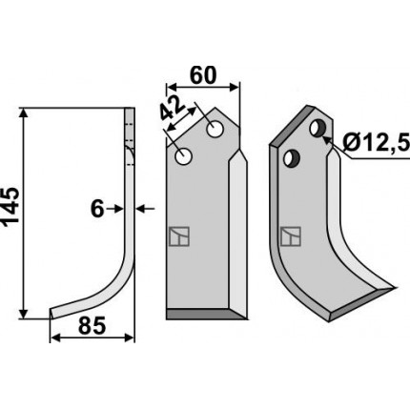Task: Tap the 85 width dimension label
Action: pyautogui.click(x=92, y=326)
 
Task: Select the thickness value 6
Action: pyautogui.click(x=97, y=210)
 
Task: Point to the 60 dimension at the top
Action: pyautogui.click(x=203, y=75)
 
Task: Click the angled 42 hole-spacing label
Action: pyautogui.click(x=172, y=108)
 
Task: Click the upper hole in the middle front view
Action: pyautogui.click(x=215, y=130)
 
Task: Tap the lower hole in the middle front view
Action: pyautogui.click(x=183, y=156)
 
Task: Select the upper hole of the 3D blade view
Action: pyautogui.click(x=318, y=129)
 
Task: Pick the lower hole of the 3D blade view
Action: pyautogui.click(x=292, y=158)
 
